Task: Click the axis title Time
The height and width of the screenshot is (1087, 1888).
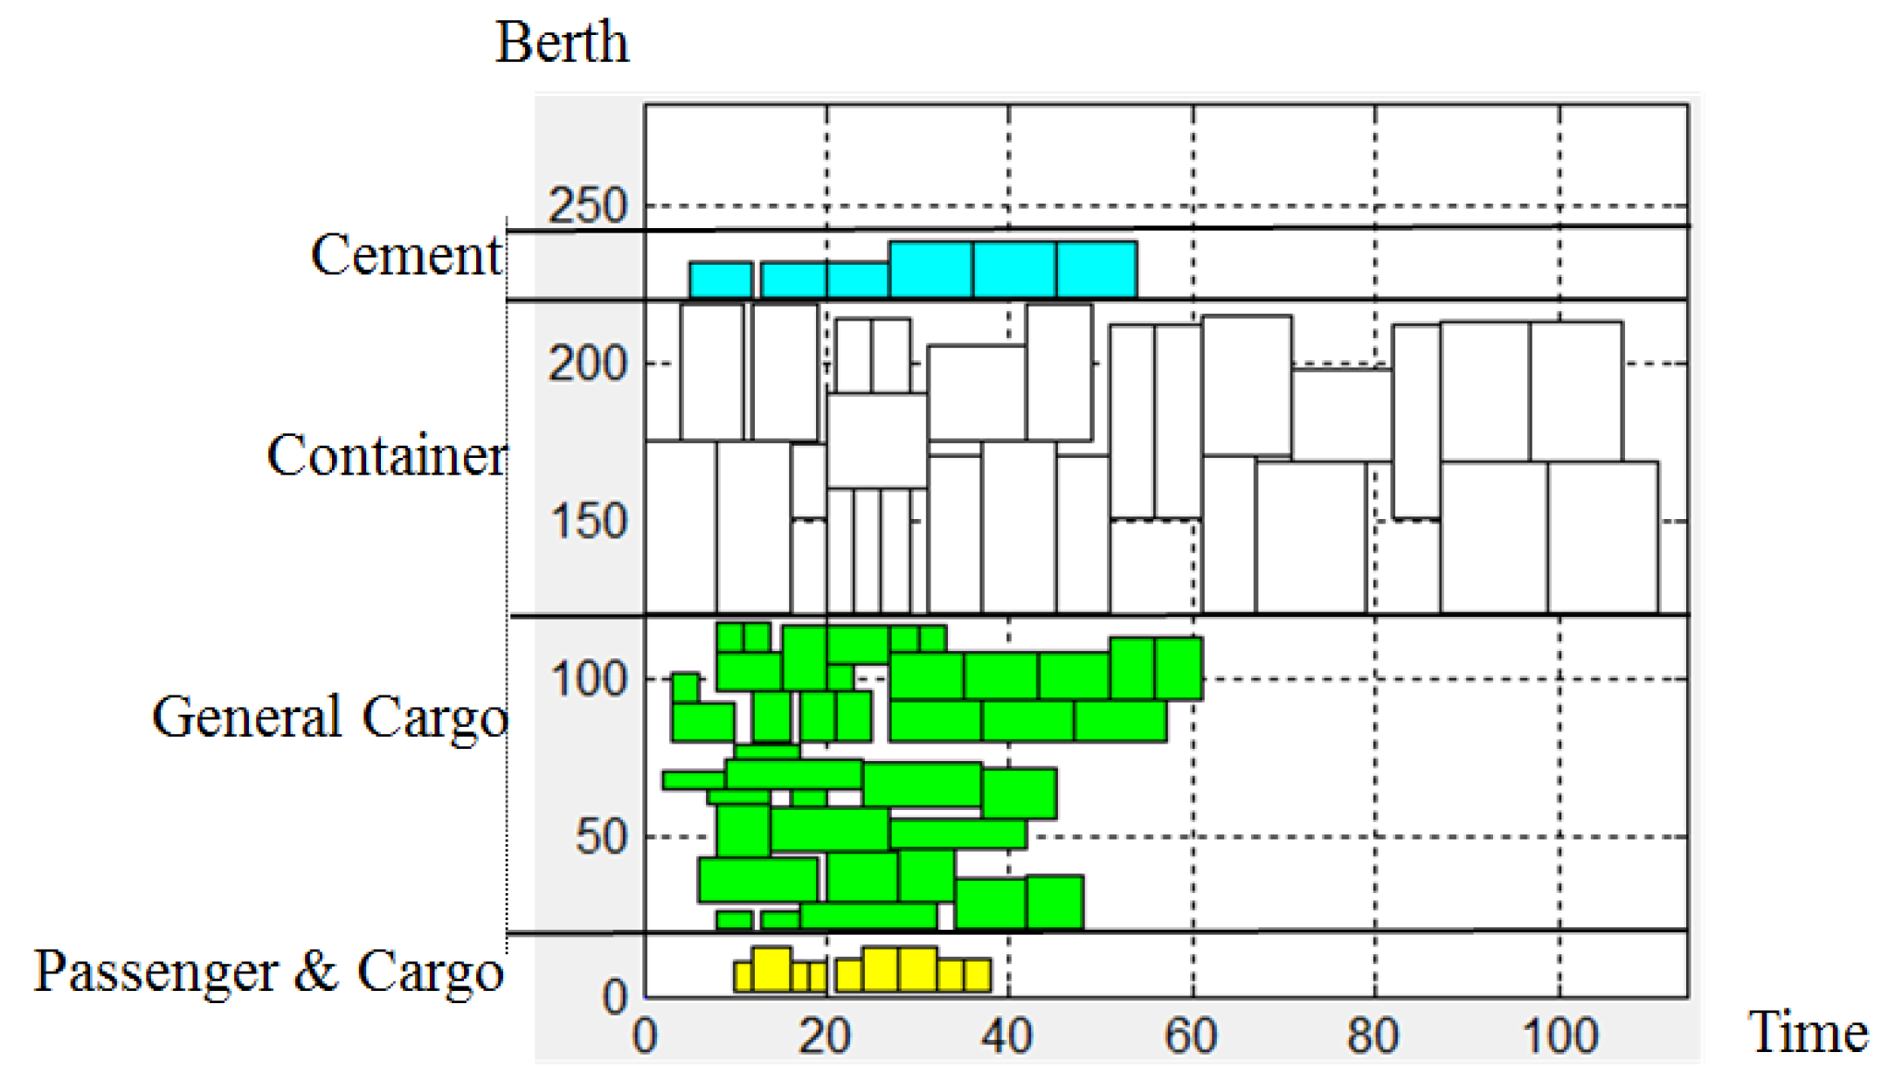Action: click(x=1807, y=1032)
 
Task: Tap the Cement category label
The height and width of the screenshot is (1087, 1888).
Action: click(x=406, y=255)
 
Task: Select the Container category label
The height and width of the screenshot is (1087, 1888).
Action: click(x=385, y=455)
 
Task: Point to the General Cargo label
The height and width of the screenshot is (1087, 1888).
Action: click(x=329, y=717)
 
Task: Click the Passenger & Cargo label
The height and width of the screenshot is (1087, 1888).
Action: click(x=268, y=971)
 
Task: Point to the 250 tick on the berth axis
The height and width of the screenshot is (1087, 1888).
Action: click(x=588, y=206)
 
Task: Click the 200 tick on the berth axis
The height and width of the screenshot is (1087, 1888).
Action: click(x=588, y=363)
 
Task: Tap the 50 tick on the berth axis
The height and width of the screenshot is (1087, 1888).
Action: click(x=602, y=837)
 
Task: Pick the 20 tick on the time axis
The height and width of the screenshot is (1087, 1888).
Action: click(x=826, y=1036)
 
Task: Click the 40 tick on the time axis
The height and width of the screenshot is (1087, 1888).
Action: click(x=1007, y=1036)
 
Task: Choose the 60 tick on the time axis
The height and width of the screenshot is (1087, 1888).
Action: click(x=1192, y=1036)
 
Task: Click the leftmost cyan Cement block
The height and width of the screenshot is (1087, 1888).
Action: click(x=721, y=280)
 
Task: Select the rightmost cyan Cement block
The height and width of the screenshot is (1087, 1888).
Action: click(x=1096, y=269)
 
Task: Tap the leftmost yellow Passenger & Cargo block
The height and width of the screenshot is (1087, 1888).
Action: click(x=743, y=976)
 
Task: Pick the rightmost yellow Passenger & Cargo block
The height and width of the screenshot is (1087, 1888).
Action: click(x=977, y=975)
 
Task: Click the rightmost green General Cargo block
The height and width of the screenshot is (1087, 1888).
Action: click(x=1179, y=668)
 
